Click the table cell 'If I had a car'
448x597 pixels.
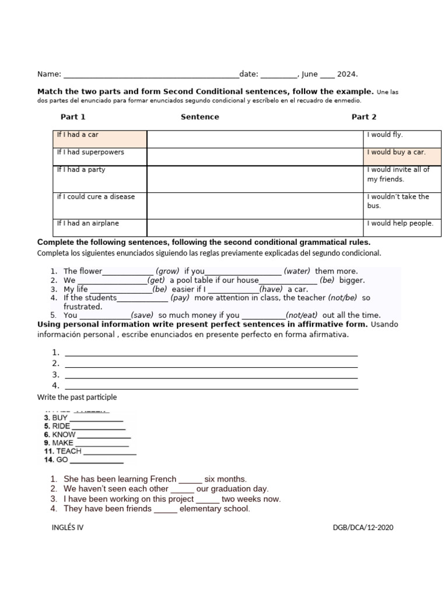(x=99, y=139)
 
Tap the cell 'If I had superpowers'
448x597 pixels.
(x=99, y=156)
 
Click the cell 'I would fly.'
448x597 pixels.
(x=402, y=139)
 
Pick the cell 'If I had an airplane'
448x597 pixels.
(x=99, y=227)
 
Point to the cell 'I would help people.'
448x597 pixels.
(x=402, y=227)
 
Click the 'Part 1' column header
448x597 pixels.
(x=73, y=117)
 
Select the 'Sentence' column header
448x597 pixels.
(x=200, y=117)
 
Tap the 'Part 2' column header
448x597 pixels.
(x=364, y=117)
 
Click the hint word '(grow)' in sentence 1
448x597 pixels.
(x=167, y=271)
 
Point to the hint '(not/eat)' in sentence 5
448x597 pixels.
(x=303, y=315)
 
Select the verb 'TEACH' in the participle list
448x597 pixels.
(x=69, y=451)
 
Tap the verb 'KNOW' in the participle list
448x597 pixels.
(x=64, y=434)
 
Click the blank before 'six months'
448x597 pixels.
(x=190, y=479)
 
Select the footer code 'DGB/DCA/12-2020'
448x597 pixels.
(x=363, y=528)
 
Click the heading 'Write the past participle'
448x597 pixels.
(x=77, y=397)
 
